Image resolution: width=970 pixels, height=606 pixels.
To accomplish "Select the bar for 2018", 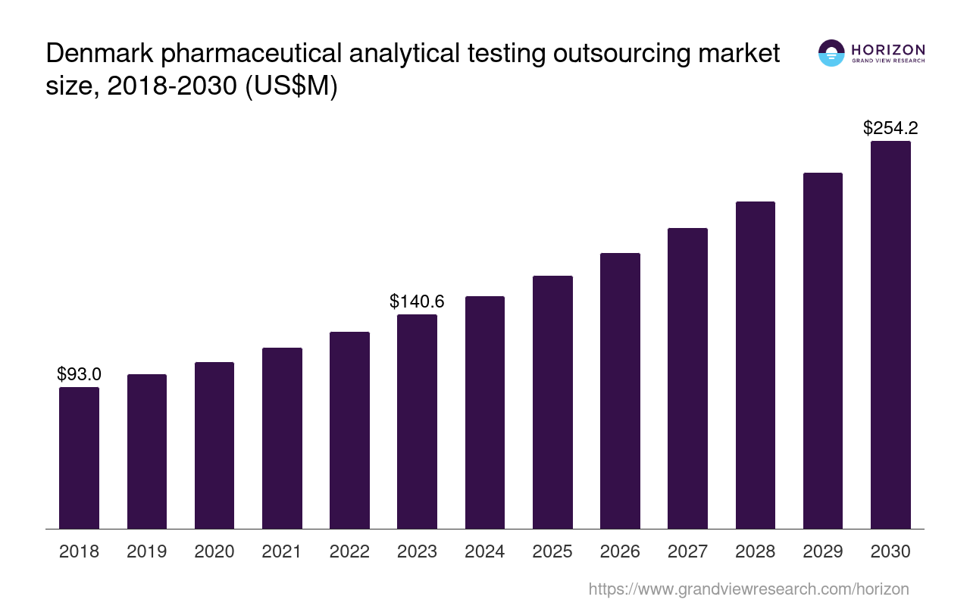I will click(79, 458).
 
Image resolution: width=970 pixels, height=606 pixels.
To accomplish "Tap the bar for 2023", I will click(417, 421).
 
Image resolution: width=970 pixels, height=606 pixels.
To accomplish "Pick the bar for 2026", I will click(620, 391).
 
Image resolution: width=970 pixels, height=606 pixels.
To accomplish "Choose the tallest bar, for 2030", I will click(890, 335).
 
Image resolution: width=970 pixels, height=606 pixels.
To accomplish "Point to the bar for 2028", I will click(755, 365).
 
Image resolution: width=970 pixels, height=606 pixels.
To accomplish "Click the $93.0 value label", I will click(79, 374).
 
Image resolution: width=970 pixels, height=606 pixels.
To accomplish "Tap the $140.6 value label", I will click(417, 301).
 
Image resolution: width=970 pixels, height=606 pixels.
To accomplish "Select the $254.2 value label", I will click(890, 128).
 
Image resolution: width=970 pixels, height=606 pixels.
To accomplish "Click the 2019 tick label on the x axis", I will click(146, 551).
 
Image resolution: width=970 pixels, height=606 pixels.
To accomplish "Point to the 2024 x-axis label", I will click(484, 551).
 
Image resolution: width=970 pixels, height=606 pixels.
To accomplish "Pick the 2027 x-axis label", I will click(687, 551).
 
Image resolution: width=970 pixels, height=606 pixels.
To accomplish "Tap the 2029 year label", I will click(822, 551).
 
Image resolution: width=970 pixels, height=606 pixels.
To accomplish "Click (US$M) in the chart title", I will click(290, 86).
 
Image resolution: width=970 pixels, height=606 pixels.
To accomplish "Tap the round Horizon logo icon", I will click(831, 53).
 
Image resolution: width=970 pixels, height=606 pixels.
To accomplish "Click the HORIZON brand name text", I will click(887, 49).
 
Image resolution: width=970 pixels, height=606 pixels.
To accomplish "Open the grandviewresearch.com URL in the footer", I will click(748, 589).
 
